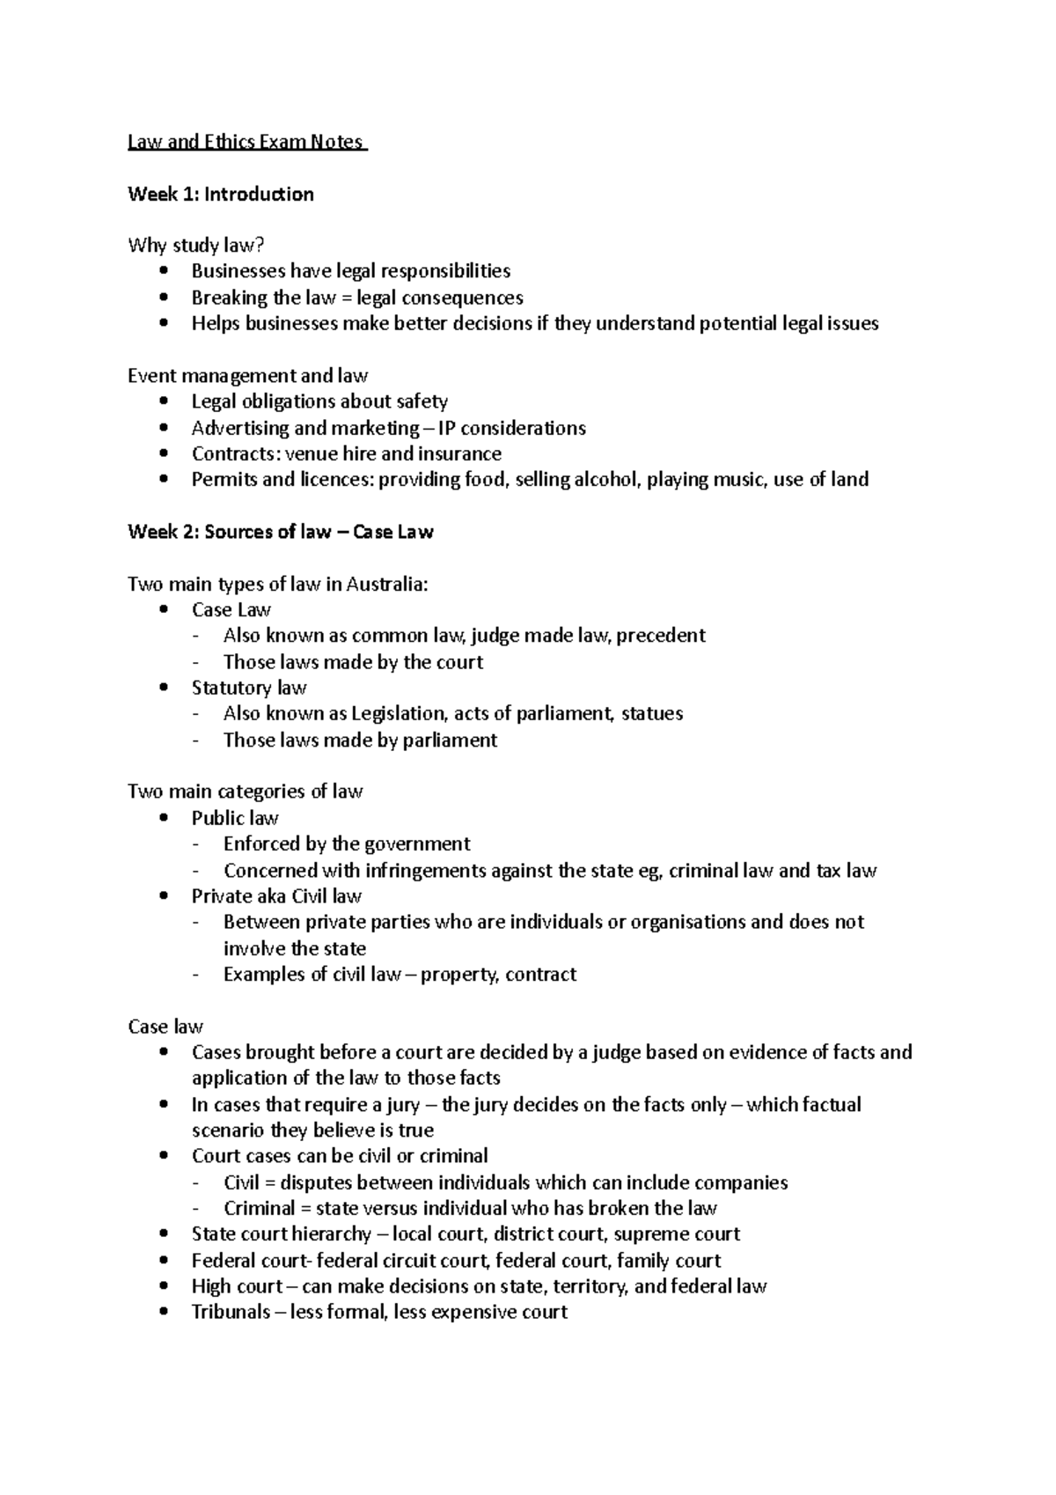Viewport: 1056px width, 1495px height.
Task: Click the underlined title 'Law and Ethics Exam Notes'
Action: (x=246, y=142)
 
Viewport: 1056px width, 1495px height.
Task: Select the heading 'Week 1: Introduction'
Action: (x=221, y=194)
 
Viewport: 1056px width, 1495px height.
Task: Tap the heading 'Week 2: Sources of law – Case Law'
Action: (x=281, y=532)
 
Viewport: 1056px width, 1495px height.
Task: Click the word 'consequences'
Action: (x=466, y=298)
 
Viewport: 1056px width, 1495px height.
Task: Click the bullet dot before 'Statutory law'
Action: (x=164, y=688)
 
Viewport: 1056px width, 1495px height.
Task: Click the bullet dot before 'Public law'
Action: (x=164, y=818)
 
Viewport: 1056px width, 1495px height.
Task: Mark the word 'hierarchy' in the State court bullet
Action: (x=337, y=1234)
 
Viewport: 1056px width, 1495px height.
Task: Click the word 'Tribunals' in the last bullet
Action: (x=231, y=1313)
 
